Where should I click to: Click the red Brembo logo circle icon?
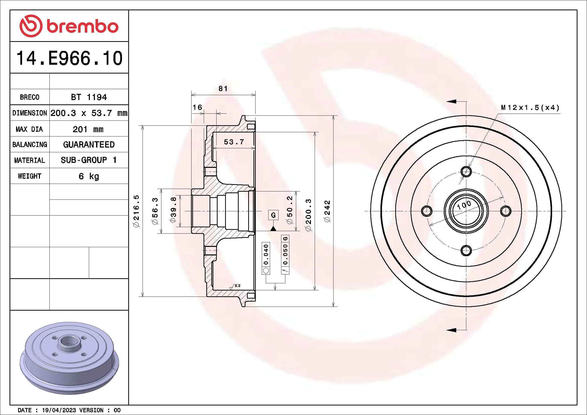(31, 26)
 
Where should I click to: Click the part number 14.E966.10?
(69, 58)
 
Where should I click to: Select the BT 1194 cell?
(89, 97)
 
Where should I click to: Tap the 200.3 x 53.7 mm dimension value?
(89, 113)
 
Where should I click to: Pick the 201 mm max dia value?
(88, 129)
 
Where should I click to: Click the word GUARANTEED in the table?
(89, 145)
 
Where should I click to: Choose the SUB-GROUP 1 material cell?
(89, 160)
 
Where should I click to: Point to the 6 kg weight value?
(89, 176)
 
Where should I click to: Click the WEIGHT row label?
(29, 176)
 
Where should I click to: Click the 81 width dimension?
(223, 88)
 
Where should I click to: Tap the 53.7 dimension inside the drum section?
(234, 142)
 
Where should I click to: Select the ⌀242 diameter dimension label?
(328, 211)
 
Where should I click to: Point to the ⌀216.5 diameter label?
(136, 211)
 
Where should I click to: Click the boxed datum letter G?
(273, 215)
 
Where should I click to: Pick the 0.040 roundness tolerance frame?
(266, 258)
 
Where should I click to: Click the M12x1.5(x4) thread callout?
(530, 108)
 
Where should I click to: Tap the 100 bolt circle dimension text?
(464, 205)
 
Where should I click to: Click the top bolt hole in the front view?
(466, 171)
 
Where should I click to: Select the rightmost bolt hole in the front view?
(505, 211)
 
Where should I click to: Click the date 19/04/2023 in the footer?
(59, 410)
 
